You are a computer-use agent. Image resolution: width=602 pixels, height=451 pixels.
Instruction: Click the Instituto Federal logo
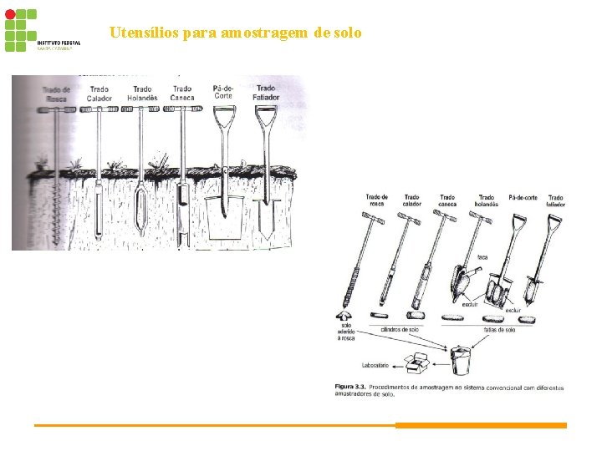click(42, 31)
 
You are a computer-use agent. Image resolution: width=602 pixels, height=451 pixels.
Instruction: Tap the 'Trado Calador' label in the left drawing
click(99, 94)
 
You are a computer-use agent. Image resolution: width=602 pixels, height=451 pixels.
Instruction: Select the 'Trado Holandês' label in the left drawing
click(141, 94)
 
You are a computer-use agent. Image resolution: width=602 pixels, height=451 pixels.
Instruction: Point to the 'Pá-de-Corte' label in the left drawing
click(223, 91)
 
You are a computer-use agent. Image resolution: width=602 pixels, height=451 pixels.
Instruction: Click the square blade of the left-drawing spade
click(224, 219)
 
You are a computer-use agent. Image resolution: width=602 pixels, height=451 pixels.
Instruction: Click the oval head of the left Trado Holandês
click(141, 203)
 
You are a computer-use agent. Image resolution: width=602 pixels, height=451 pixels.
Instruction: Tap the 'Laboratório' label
click(377, 366)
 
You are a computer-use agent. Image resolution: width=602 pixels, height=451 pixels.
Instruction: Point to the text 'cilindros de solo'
click(400, 329)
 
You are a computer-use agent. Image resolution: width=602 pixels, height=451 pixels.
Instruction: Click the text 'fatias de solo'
click(499, 329)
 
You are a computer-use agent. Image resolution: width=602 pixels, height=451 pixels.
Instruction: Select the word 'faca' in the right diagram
click(482, 256)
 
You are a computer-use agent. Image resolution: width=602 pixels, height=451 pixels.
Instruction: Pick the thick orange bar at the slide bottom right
click(481, 425)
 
